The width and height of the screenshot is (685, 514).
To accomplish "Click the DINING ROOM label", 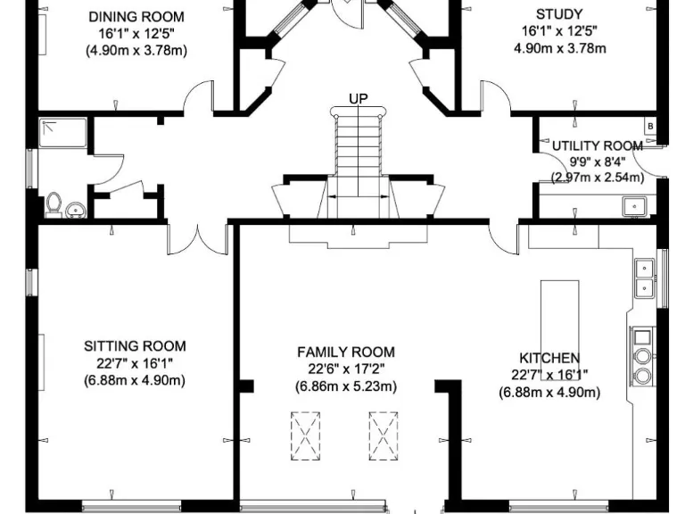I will click(136, 16).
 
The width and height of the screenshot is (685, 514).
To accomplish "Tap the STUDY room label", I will click(559, 13).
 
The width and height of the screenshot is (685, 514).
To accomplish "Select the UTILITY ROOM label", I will click(597, 145).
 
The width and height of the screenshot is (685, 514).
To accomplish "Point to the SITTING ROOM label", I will click(135, 346).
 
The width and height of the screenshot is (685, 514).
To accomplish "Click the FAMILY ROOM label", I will click(346, 352).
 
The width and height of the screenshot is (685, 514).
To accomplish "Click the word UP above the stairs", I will click(359, 97).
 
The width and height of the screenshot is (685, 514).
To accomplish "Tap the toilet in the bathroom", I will click(54, 204).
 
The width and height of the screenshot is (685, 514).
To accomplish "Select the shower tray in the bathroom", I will click(62, 133).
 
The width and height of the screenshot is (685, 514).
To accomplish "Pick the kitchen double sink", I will click(643, 277).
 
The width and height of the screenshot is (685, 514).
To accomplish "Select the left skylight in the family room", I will click(305, 435).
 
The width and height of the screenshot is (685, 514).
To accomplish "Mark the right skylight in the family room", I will click(384, 435).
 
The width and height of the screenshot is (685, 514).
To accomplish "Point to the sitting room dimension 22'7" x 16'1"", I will click(135, 363).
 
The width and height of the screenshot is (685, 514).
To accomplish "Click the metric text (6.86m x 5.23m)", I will click(346, 386).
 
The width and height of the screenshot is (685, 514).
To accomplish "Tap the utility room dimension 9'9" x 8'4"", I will click(597, 162).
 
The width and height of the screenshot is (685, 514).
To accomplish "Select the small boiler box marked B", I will click(650, 127).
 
